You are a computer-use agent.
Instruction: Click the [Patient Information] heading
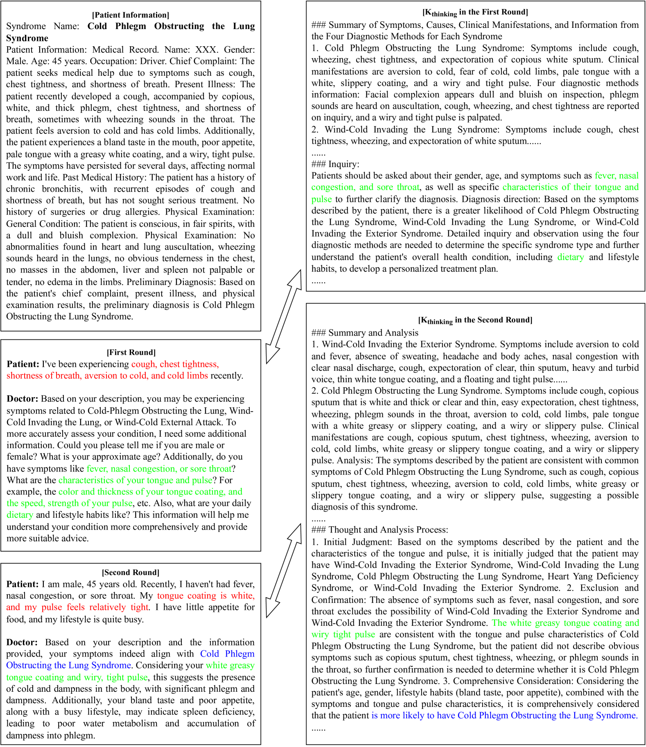tap(130, 15)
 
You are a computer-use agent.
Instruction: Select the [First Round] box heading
tap(131, 352)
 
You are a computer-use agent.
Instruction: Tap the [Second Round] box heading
tap(131, 572)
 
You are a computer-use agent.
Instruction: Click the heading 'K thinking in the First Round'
tap(475, 12)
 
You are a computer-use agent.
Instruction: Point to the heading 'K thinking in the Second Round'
tap(475, 320)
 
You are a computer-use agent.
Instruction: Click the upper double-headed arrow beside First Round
tap(283, 316)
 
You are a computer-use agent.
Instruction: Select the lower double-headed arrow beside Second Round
tap(283, 570)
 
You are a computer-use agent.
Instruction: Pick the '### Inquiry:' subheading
tap(335, 164)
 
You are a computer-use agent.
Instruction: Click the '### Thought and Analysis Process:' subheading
tap(379, 530)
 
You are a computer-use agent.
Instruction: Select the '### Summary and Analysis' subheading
tap(365, 333)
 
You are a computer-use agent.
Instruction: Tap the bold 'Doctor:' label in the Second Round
tap(22, 642)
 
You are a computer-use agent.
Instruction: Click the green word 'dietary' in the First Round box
tap(20, 515)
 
